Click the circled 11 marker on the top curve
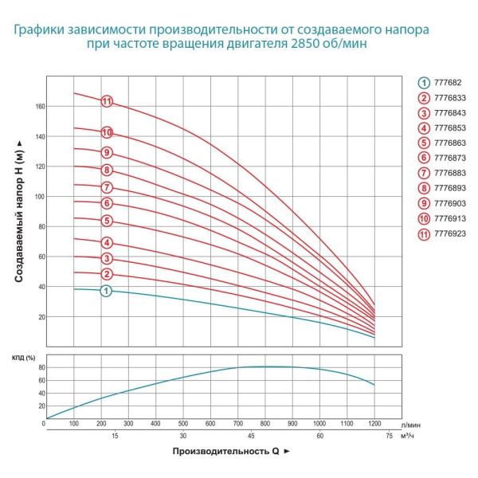coord(106,101)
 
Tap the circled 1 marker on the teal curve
coord(106,291)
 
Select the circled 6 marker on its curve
coord(106,203)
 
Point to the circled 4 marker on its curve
coord(106,243)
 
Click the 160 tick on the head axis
coord(38,106)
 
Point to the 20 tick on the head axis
coord(39,317)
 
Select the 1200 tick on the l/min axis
coord(374,423)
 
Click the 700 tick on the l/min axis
coord(237,423)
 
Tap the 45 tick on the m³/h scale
coord(250,436)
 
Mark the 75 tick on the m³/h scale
coord(388,436)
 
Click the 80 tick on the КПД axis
coord(39,367)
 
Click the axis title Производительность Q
coord(224,452)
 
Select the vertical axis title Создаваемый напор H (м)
coord(18,210)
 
